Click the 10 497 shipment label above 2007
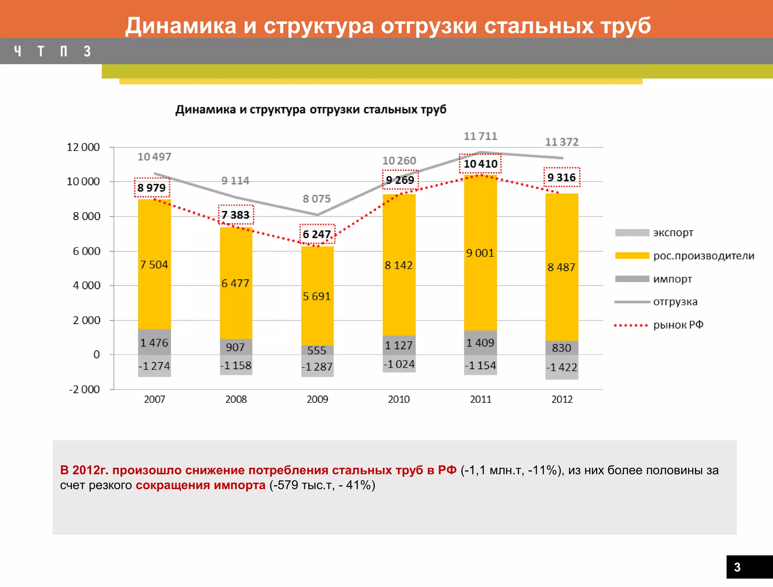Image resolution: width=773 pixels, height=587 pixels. [154, 157]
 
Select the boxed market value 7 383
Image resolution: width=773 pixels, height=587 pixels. [236, 215]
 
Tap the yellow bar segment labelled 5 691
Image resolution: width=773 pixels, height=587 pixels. [317, 296]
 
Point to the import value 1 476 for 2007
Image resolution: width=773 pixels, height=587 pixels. [154, 343]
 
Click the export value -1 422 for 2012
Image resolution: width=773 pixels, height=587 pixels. [562, 367]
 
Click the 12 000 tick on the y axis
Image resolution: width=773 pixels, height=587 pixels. [83, 147]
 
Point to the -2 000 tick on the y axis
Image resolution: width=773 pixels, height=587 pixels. [84, 389]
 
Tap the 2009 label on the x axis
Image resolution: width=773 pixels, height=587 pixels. [317, 399]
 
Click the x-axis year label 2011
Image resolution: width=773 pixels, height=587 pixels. [480, 399]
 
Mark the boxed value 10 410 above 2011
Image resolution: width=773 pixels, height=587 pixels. [480, 164]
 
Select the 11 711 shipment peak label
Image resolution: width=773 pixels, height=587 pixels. [480, 136]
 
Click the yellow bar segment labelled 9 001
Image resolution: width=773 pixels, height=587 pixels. [480, 253]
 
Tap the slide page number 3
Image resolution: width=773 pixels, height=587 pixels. [737, 567]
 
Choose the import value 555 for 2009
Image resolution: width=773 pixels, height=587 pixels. [317, 351]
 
